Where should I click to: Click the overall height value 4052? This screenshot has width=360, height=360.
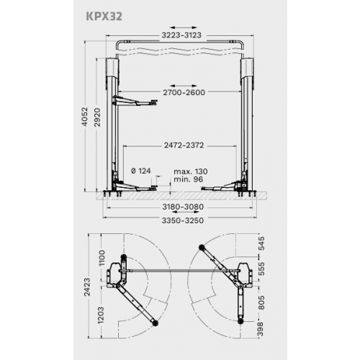(x=85, y=118)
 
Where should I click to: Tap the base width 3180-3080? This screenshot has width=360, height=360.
(x=181, y=206)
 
